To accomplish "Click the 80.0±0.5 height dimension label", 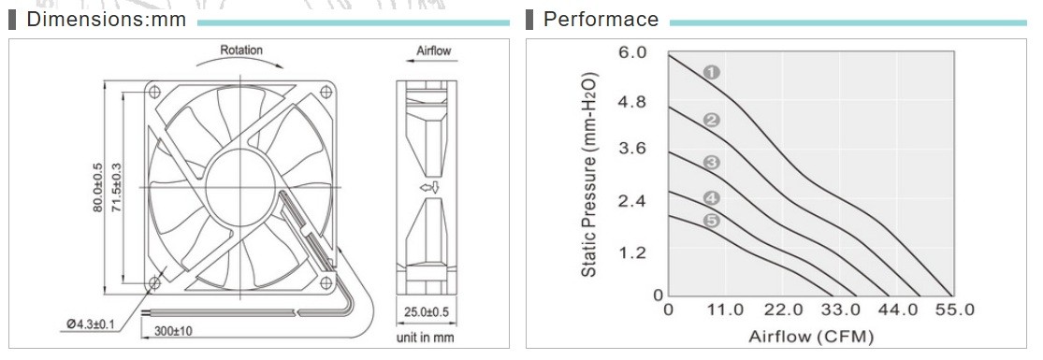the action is click(98, 188).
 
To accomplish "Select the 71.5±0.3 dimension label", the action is click(116, 188).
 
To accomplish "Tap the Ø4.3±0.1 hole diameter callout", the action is click(91, 324).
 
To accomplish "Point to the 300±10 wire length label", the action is click(174, 331).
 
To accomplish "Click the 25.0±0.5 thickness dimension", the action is click(427, 311).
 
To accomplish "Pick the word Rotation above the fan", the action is click(241, 50).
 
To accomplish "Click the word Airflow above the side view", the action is click(434, 51).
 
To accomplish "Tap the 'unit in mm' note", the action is click(425, 338).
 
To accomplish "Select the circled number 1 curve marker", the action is click(712, 73).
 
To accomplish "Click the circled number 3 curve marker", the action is click(712, 163).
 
